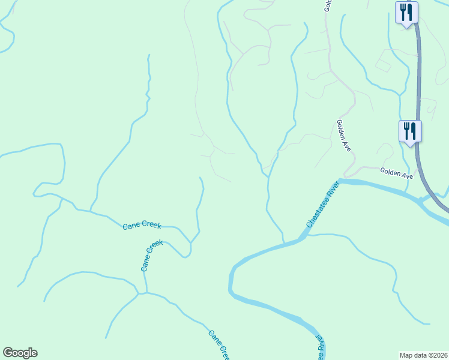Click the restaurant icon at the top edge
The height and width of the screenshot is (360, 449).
[406, 12]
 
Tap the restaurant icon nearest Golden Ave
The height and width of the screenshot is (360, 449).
[410, 130]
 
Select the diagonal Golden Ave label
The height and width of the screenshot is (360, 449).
[343, 136]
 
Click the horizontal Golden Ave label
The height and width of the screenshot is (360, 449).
[397, 173]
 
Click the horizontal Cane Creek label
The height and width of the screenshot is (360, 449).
[142, 225]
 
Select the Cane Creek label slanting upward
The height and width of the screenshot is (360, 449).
[152, 256]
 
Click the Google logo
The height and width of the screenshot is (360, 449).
[20, 353]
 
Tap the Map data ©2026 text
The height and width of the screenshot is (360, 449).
[423, 355]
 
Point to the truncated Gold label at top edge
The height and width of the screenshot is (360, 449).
[328, 5]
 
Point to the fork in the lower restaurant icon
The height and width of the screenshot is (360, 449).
[406, 129]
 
